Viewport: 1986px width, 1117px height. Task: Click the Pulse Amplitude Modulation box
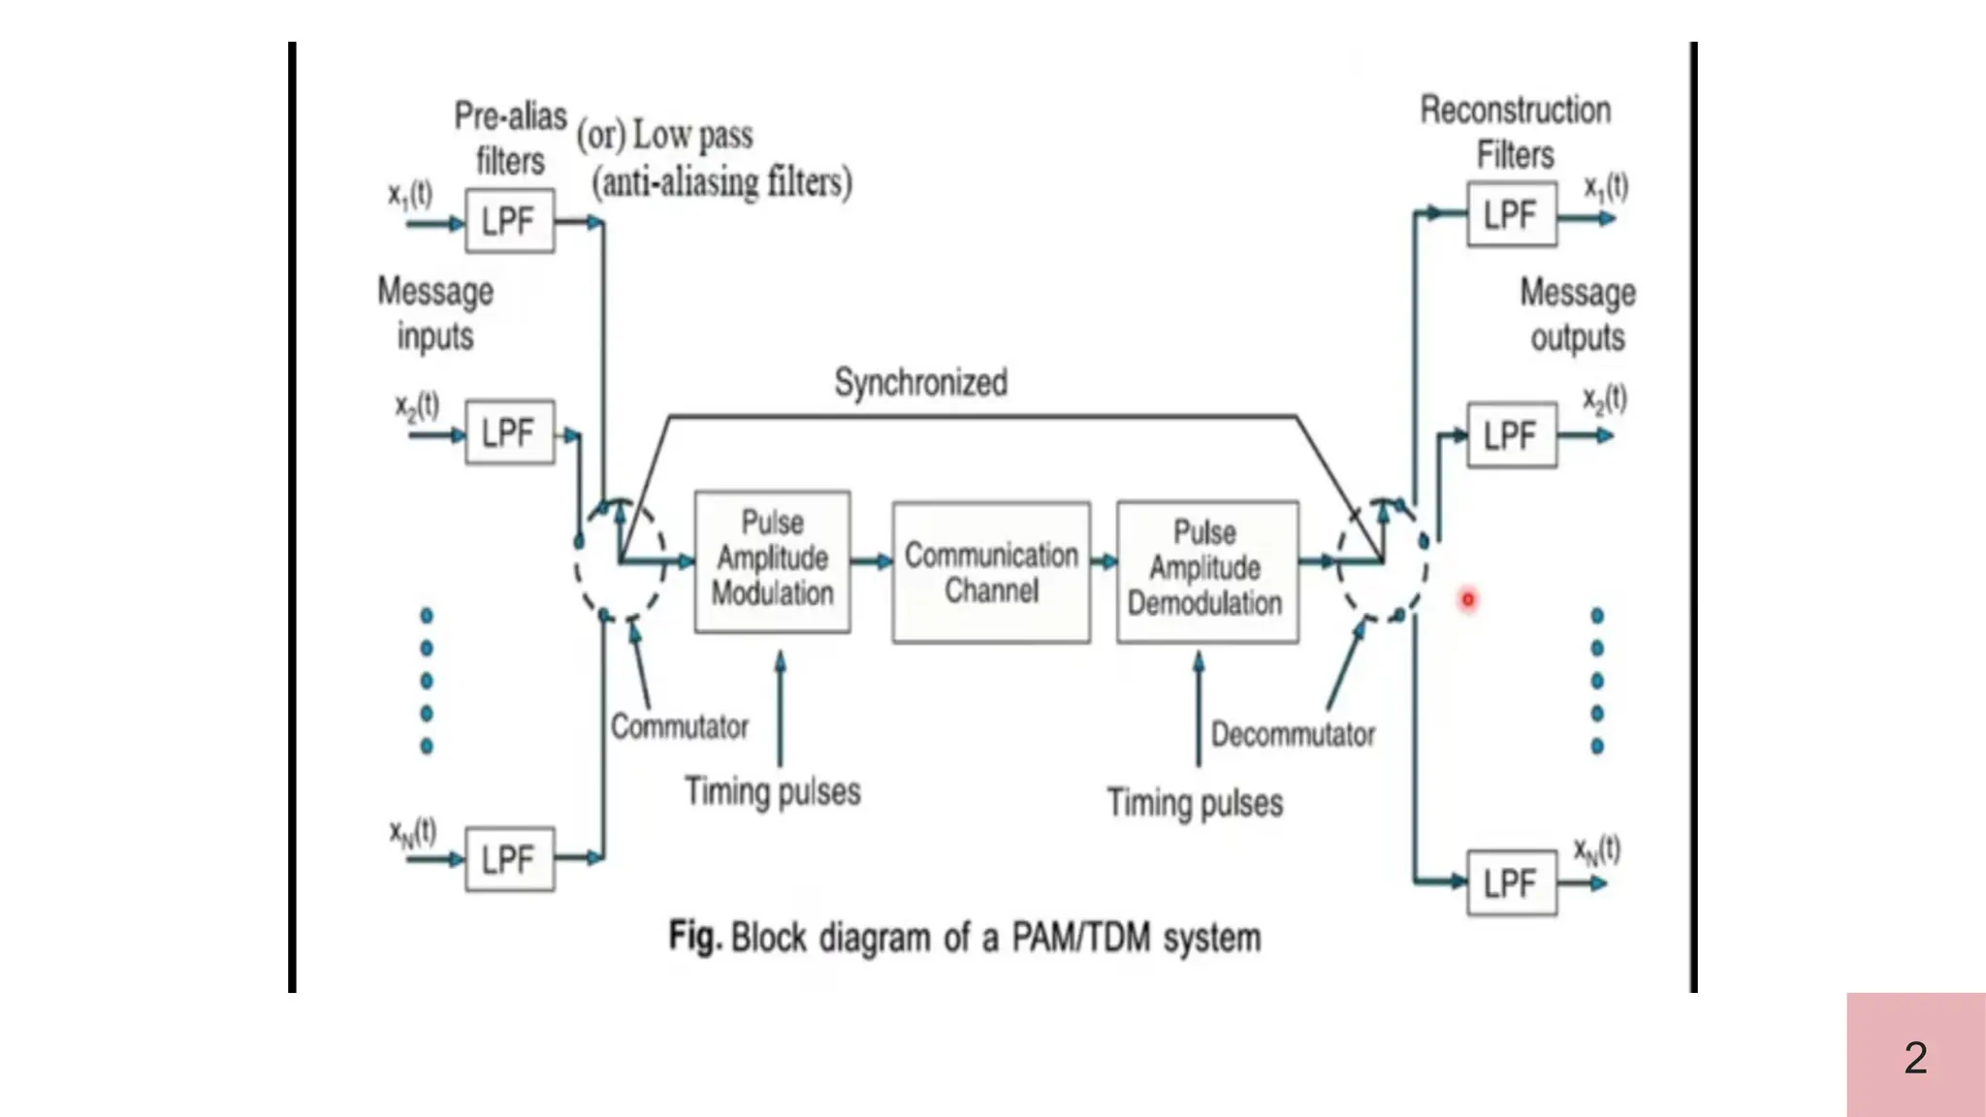tap(772, 561)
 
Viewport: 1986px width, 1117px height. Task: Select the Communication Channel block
tap(991, 572)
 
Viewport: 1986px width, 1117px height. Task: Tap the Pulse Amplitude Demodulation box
tap(1206, 571)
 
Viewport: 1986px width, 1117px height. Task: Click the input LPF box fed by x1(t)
tap(509, 221)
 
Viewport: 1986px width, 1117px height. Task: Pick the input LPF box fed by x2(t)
tap(509, 432)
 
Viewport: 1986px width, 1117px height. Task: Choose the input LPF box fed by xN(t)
tap(509, 859)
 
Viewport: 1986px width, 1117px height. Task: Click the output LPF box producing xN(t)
tap(1511, 883)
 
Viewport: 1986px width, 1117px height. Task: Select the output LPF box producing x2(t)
tap(1511, 435)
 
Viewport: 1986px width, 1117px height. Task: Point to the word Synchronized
tap(920, 382)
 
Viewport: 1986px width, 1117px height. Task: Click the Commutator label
tap(679, 726)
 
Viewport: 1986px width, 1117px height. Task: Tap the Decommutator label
tap(1293, 734)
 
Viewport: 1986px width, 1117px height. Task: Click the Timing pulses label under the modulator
tap(772, 791)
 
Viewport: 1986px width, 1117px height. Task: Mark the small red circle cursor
tap(1467, 599)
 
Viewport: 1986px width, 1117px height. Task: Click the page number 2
tap(1915, 1057)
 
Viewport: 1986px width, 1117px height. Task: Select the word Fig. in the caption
tap(694, 937)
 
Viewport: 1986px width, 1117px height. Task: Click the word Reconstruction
tap(1515, 111)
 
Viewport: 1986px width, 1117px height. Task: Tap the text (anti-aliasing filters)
tap(722, 182)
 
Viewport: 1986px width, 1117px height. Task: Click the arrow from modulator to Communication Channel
tap(871, 561)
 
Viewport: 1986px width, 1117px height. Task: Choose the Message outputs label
tap(1577, 314)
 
